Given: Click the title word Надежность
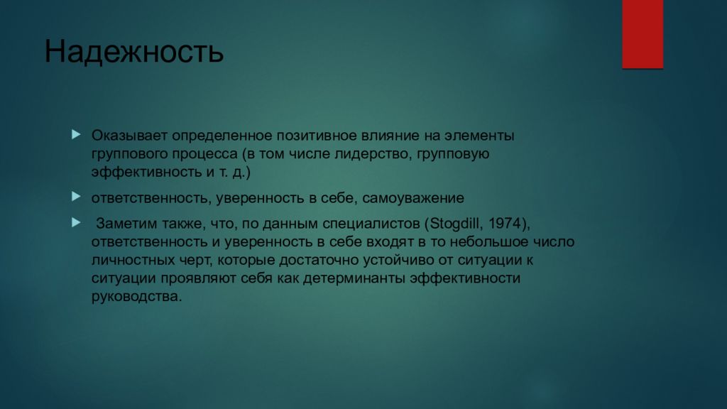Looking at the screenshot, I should [x=134, y=53].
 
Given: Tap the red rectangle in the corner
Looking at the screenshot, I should [x=643, y=33].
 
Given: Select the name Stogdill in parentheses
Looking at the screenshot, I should [x=453, y=224].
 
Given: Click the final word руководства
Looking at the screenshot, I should [x=136, y=297].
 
